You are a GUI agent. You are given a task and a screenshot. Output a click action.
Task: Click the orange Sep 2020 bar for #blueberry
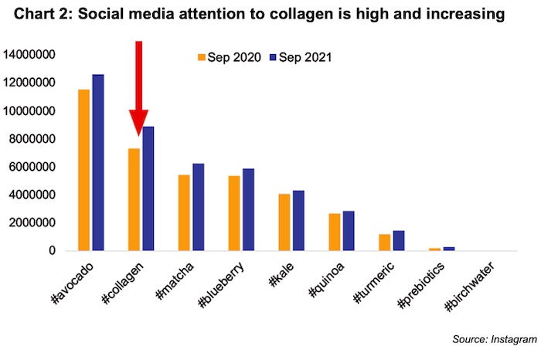pos(233,213)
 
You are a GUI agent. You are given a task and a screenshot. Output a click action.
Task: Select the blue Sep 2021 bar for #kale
pos(299,220)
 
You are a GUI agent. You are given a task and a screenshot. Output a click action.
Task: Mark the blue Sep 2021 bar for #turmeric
pos(399,240)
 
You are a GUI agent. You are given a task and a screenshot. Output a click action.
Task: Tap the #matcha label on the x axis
pos(176,282)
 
